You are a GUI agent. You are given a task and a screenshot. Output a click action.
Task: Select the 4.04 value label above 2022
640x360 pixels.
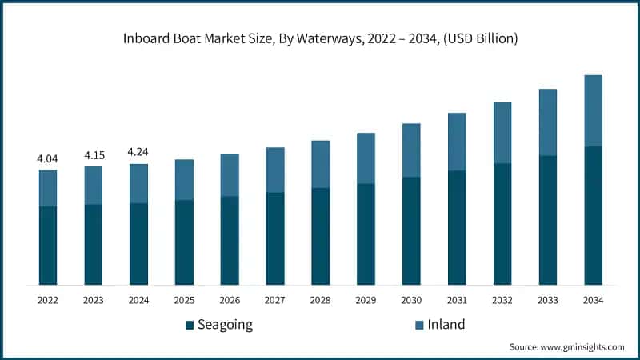(x=47, y=158)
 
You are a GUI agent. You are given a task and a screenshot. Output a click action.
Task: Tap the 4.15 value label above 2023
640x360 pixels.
(x=94, y=155)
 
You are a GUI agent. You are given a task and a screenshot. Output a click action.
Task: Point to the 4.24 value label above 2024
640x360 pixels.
(x=138, y=152)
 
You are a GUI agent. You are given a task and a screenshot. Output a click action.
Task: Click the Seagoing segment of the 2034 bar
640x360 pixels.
(x=593, y=215)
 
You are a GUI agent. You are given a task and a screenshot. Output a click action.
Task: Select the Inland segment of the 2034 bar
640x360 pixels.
(x=593, y=110)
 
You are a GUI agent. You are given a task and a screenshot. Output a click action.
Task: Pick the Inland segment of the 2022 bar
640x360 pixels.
(x=48, y=188)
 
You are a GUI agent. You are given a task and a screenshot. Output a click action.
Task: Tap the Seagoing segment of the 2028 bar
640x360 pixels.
(x=320, y=236)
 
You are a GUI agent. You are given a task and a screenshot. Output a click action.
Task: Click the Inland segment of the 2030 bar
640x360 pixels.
(x=411, y=150)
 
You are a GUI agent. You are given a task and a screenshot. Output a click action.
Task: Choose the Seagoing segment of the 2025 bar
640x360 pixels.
(x=184, y=242)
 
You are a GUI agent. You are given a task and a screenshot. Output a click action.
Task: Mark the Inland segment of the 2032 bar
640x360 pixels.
(x=502, y=133)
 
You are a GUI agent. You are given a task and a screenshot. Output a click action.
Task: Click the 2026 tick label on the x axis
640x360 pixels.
(x=230, y=300)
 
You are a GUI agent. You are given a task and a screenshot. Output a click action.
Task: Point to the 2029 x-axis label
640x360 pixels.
(x=366, y=300)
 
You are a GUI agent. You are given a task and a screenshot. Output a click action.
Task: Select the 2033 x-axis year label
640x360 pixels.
(x=547, y=300)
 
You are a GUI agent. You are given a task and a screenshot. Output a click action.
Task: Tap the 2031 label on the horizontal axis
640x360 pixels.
(x=457, y=300)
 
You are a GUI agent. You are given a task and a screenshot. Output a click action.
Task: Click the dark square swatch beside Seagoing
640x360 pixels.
(x=190, y=325)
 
